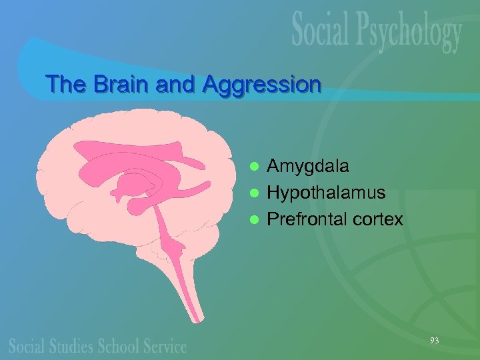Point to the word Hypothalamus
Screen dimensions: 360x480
pyautogui.click(x=326, y=193)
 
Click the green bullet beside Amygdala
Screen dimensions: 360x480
pyautogui.click(x=253, y=165)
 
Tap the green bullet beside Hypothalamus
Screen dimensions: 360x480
pyautogui.click(x=253, y=193)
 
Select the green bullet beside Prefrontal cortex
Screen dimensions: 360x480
pyautogui.click(x=253, y=219)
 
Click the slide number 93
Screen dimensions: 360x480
pyautogui.click(x=434, y=341)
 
